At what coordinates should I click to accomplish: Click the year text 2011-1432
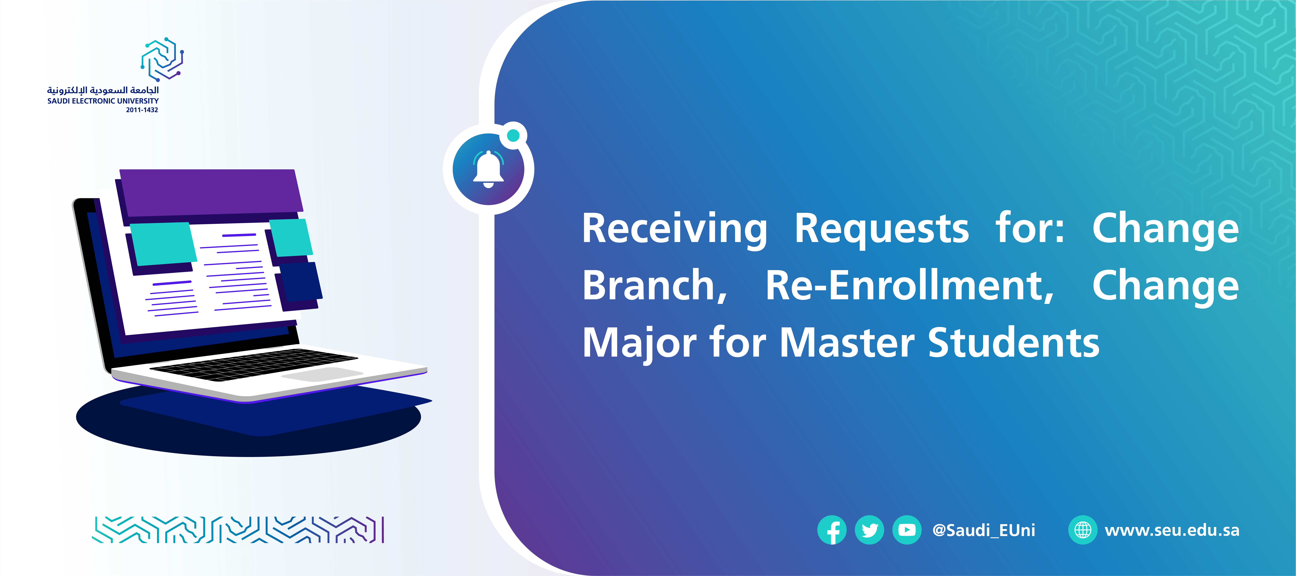(x=142, y=110)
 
